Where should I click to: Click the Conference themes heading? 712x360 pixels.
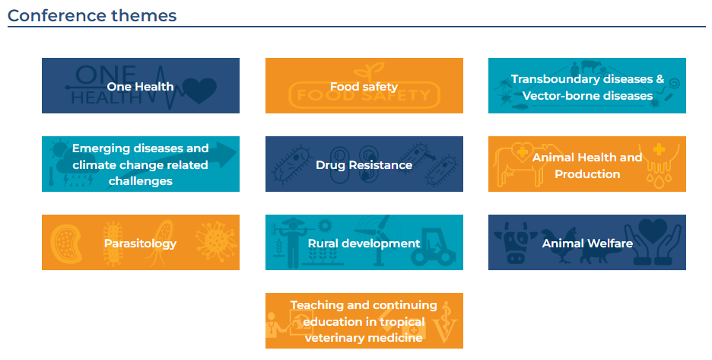(x=92, y=15)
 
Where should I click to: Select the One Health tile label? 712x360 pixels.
(x=140, y=86)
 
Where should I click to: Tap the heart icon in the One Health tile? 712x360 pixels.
(x=199, y=91)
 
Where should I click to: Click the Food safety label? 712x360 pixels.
(x=364, y=86)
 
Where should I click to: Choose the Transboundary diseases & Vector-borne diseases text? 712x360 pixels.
(x=587, y=88)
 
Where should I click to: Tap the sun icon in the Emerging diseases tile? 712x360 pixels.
(x=59, y=148)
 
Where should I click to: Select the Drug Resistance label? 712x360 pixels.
(x=364, y=164)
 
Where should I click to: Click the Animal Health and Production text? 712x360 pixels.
(x=587, y=165)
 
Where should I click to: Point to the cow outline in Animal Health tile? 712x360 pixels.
(x=522, y=164)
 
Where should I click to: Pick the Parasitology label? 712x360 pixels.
(x=140, y=244)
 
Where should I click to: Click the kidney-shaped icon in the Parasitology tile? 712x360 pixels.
(x=65, y=244)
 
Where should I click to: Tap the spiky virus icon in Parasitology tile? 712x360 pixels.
(x=216, y=241)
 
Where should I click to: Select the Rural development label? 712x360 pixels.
(x=364, y=244)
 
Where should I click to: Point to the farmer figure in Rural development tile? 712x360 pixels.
(x=292, y=242)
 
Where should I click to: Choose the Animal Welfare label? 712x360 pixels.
(x=587, y=244)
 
